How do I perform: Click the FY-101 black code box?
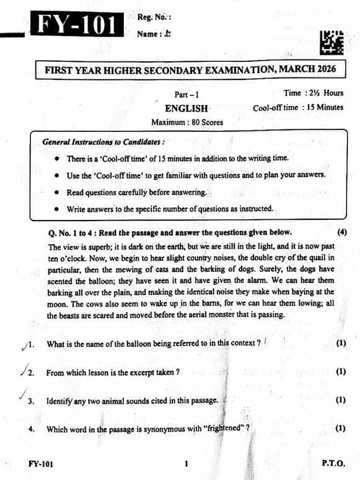[x=77, y=25]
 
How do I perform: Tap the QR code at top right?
[x=332, y=42]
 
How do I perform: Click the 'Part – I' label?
[x=187, y=94]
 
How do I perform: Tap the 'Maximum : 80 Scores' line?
[x=187, y=122]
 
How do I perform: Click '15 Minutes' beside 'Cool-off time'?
[x=322, y=107]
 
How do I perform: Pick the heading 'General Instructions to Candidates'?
[x=103, y=142]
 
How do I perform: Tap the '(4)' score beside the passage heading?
[x=342, y=232]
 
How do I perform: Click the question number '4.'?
[x=32, y=429]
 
